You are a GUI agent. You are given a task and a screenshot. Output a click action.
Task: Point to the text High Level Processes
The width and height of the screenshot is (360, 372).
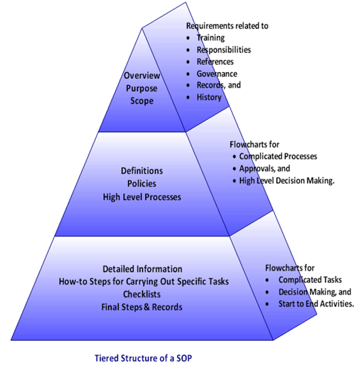coord(143,197)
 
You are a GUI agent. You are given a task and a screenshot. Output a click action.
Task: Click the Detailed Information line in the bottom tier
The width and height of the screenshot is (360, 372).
coord(142,269)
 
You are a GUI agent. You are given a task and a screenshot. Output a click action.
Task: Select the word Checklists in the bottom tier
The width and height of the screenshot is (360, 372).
coord(142,293)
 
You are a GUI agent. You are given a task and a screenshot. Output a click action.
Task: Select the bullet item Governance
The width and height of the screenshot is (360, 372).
coord(217,73)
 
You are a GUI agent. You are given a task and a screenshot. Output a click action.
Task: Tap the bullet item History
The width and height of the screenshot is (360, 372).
coord(209,97)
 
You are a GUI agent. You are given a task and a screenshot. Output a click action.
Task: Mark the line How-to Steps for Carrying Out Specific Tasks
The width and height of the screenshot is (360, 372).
coord(142,281)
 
